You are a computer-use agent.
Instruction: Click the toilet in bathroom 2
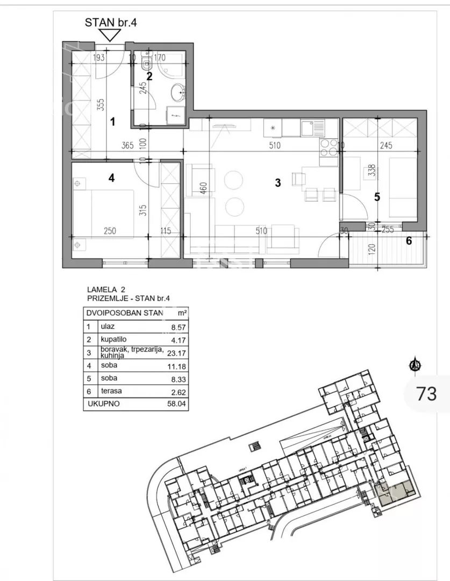(147, 63)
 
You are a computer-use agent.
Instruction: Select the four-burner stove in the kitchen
(328, 147)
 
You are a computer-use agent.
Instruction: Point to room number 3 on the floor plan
(278, 182)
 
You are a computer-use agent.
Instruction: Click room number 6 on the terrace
(409, 241)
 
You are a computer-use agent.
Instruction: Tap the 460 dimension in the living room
(203, 188)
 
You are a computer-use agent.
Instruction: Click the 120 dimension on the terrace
(373, 249)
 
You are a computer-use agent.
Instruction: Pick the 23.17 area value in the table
(176, 353)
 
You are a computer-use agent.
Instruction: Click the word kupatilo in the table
(113, 339)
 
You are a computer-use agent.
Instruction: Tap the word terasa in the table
(111, 391)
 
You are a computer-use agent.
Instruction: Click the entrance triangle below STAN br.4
(110, 35)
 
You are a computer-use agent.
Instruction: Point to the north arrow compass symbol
(416, 364)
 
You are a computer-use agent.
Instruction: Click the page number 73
(427, 393)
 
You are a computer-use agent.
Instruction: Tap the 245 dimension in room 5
(386, 145)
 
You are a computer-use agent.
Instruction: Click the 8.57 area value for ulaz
(178, 328)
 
